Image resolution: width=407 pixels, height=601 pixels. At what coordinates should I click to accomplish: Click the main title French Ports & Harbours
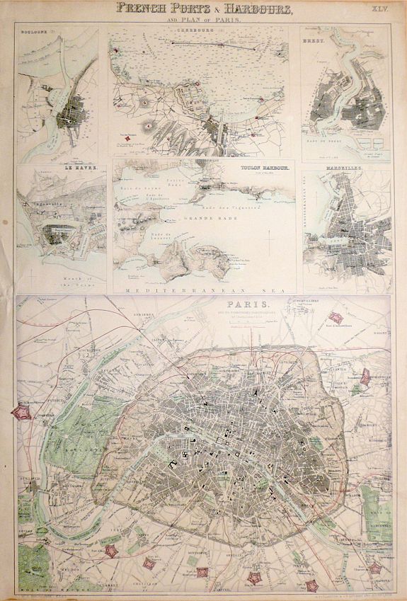click(203, 9)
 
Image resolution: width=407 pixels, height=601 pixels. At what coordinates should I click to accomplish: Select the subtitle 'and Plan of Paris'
click(203, 21)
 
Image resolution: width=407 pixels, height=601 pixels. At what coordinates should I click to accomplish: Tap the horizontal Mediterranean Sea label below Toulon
click(203, 290)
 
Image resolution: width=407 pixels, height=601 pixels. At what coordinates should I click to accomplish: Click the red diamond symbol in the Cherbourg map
click(127, 139)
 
